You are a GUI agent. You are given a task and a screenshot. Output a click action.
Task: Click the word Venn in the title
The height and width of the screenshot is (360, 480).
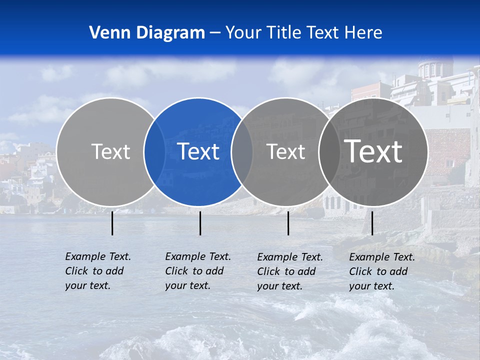(x=109, y=32)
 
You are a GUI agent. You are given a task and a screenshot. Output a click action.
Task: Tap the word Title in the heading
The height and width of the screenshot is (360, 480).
(x=285, y=32)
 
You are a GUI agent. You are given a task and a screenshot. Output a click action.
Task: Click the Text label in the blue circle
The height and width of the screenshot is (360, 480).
(x=198, y=151)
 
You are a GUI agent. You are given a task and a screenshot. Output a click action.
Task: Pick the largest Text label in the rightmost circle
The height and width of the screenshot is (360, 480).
(x=373, y=151)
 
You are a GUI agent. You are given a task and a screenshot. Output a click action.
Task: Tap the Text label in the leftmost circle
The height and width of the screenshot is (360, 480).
(x=111, y=151)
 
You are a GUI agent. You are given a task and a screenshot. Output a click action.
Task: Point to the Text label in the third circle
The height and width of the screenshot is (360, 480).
(x=286, y=151)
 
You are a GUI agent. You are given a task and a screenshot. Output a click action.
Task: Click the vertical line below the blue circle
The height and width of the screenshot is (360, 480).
(x=200, y=223)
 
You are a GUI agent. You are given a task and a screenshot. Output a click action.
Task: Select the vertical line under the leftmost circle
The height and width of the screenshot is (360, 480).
(x=112, y=223)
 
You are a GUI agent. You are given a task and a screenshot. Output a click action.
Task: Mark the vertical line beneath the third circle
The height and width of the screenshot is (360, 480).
(x=288, y=223)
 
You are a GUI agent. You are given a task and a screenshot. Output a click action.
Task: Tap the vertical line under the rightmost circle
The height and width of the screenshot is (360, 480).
(x=372, y=223)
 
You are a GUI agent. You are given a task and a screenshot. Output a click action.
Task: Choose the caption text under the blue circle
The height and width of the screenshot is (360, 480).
(x=198, y=271)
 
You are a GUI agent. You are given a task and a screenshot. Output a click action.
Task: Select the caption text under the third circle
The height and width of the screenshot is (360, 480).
(x=290, y=271)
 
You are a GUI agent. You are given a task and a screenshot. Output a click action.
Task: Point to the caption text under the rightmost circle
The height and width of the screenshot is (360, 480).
(x=382, y=271)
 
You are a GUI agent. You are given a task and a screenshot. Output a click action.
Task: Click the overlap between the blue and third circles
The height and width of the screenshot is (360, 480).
(x=242, y=151)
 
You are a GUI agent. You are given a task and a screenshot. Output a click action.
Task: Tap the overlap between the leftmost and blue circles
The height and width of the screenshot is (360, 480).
(x=154, y=151)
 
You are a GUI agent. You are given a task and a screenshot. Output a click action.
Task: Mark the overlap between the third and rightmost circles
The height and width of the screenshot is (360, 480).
(x=329, y=151)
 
